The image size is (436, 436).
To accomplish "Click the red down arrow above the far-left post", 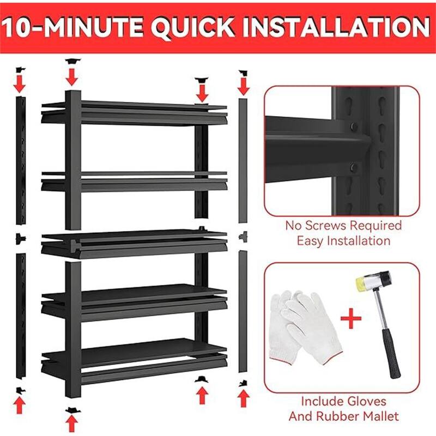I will coord(20,83).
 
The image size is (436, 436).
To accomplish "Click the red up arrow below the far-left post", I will coord(20,404).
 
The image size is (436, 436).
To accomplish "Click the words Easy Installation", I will coord(343,240).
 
